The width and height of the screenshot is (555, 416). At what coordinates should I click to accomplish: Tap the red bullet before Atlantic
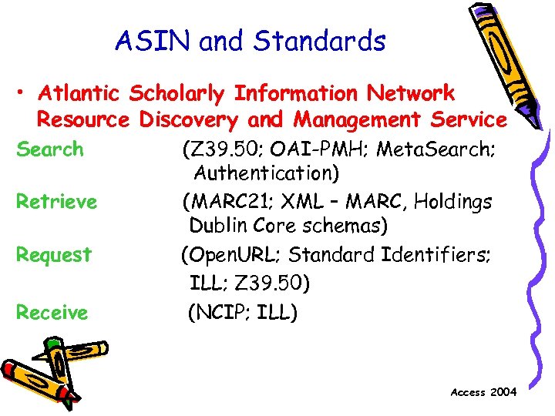[22, 94]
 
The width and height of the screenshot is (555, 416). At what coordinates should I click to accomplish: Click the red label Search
[50, 149]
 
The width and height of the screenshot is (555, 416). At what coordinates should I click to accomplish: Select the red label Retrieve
[57, 202]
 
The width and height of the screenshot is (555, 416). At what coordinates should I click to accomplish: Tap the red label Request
[54, 254]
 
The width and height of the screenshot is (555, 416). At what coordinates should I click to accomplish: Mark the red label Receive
[52, 312]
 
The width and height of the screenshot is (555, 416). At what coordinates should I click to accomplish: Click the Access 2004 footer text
[484, 392]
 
